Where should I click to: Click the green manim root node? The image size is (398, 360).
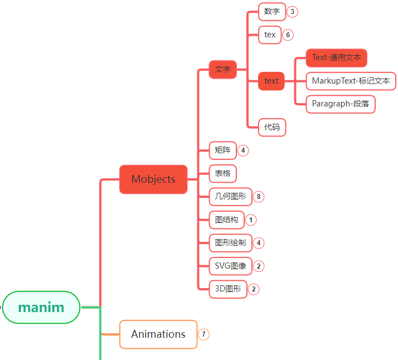pyautogui.click(x=41, y=307)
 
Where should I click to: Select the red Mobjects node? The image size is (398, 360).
pyautogui.click(x=153, y=179)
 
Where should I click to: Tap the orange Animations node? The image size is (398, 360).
pyautogui.click(x=158, y=334)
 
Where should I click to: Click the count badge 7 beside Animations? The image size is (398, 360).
pyautogui.click(x=203, y=334)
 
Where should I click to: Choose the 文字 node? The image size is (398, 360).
pyautogui.click(x=223, y=69)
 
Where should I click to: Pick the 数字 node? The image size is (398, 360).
pyautogui.click(x=272, y=11)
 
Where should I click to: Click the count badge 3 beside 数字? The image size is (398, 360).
pyautogui.click(x=292, y=11)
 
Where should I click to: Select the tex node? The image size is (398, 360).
pyautogui.click(x=270, y=35)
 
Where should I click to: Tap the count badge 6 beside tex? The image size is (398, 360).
pyautogui.click(x=288, y=35)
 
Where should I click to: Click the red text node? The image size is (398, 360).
pyautogui.click(x=271, y=81)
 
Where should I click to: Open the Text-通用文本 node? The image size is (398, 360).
pyautogui.click(x=336, y=57)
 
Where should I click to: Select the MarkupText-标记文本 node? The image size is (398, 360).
pyautogui.click(x=351, y=81)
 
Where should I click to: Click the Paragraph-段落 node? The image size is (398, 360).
pyautogui.click(x=340, y=104)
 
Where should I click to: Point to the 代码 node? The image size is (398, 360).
pyautogui.click(x=272, y=127)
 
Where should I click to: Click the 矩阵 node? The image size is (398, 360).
pyautogui.click(x=222, y=150)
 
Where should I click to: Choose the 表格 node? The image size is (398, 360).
pyautogui.click(x=222, y=173)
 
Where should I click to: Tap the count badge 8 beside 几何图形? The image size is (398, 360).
pyautogui.click(x=258, y=196)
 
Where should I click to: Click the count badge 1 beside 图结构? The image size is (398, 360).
pyautogui.click(x=251, y=220)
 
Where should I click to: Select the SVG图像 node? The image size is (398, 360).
pyautogui.click(x=230, y=266)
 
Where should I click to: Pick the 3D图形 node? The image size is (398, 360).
pyautogui.click(x=228, y=289)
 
